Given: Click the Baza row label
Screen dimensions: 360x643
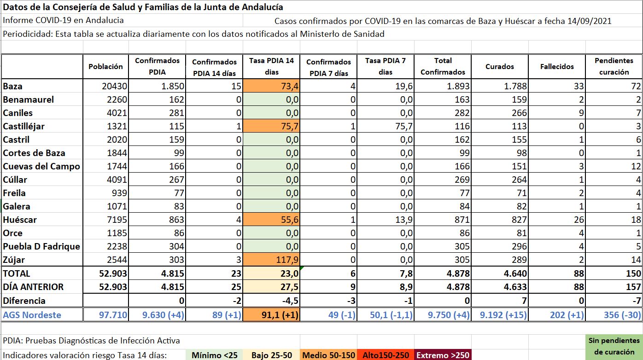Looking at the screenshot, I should [x=13, y=86].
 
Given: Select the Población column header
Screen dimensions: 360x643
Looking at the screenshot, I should [x=105, y=66].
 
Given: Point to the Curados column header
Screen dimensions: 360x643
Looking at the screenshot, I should [x=499, y=66].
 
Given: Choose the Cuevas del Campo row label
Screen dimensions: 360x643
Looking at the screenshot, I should [x=41, y=167].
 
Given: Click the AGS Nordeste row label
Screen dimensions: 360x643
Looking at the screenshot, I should [x=32, y=315].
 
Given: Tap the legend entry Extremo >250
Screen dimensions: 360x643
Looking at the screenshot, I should [x=443, y=355].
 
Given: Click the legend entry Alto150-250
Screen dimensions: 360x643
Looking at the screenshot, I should [x=386, y=355].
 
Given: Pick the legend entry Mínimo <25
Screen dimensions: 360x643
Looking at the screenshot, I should [x=215, y=355].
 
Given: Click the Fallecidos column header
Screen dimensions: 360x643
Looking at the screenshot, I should [x=557, y=66].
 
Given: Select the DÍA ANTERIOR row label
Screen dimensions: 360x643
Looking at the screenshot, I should [x=33, y=287].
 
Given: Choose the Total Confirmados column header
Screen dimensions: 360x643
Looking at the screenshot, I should [x=443, y=66].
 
